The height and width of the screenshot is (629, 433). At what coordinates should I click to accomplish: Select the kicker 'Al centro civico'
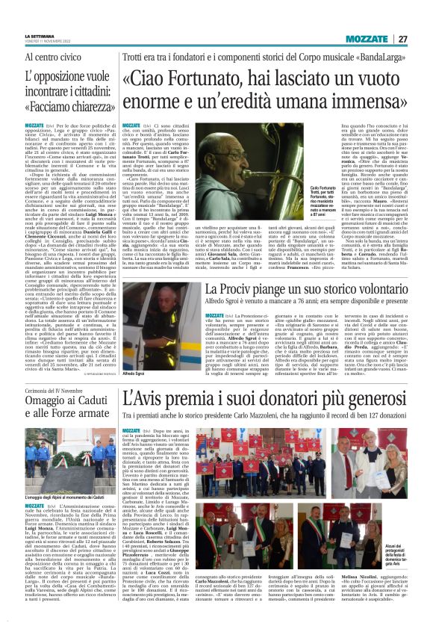point(52,57)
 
